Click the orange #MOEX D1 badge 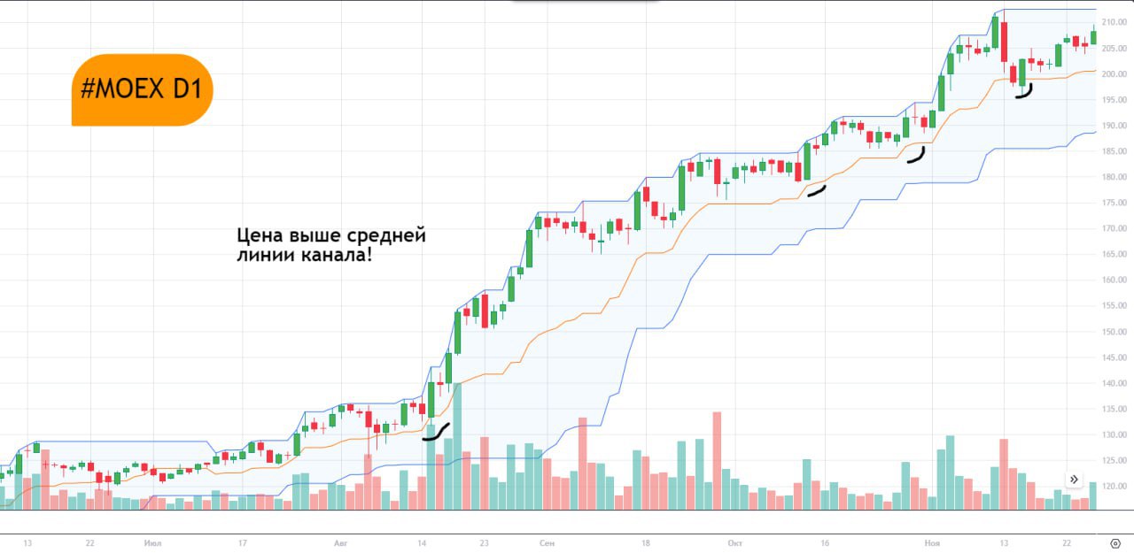point(142,89)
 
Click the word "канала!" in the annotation point(340,257)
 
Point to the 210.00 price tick point(1113,22)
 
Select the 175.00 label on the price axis point(1113,203)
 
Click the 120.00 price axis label point(1113,487)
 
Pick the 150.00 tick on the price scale point(1113,332)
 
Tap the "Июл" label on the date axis point(153,542)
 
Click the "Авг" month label point(342,542)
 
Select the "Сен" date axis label point(547,542)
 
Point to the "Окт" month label point(734,542)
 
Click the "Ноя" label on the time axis point(931,542)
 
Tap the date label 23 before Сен point(484,542)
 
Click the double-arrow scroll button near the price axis point(1074,480)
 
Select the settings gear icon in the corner point(1115,542)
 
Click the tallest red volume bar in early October point(717,460)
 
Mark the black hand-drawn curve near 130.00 point(435,433)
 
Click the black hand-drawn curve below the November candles point(1024,92)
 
